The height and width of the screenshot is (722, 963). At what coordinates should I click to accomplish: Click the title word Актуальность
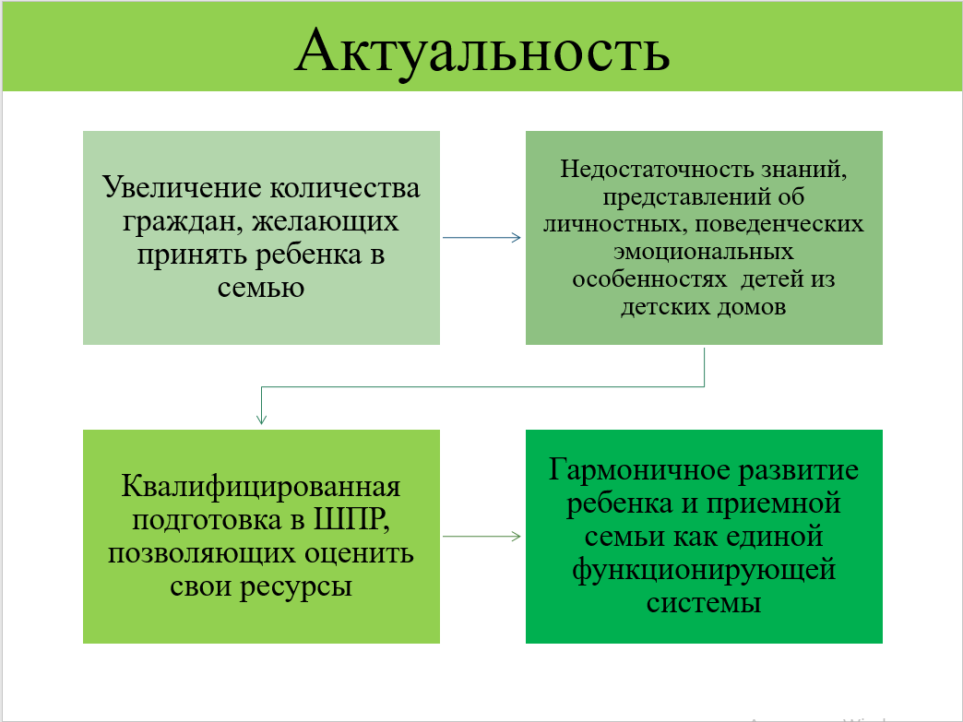[482, 52]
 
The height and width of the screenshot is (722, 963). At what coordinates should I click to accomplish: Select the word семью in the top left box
[261, 288]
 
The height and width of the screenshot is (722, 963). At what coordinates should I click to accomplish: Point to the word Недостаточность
[657, 169]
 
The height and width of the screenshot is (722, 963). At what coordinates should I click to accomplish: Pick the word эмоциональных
[704, 252]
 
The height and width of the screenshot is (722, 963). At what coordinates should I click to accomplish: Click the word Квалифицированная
[261, 487]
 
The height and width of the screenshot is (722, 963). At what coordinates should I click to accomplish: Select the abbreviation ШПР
[351, 520]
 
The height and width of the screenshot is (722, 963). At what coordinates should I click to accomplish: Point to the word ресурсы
[296, 587]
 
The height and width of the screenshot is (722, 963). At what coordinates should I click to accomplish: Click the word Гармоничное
[639, 469]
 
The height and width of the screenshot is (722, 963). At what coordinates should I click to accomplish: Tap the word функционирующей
[704, 571]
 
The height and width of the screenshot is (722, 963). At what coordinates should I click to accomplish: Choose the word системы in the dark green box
[704, 603]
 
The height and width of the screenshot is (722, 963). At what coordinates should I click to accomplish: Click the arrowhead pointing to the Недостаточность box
[517, 238]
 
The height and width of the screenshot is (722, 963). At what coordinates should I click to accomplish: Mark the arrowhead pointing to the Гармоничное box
[517, 537]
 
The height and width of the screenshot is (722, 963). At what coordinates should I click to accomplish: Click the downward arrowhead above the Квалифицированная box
[262, 420]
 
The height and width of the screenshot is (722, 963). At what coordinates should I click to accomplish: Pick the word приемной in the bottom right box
[773, 504]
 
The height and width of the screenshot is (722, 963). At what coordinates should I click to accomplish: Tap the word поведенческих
[779, 224]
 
